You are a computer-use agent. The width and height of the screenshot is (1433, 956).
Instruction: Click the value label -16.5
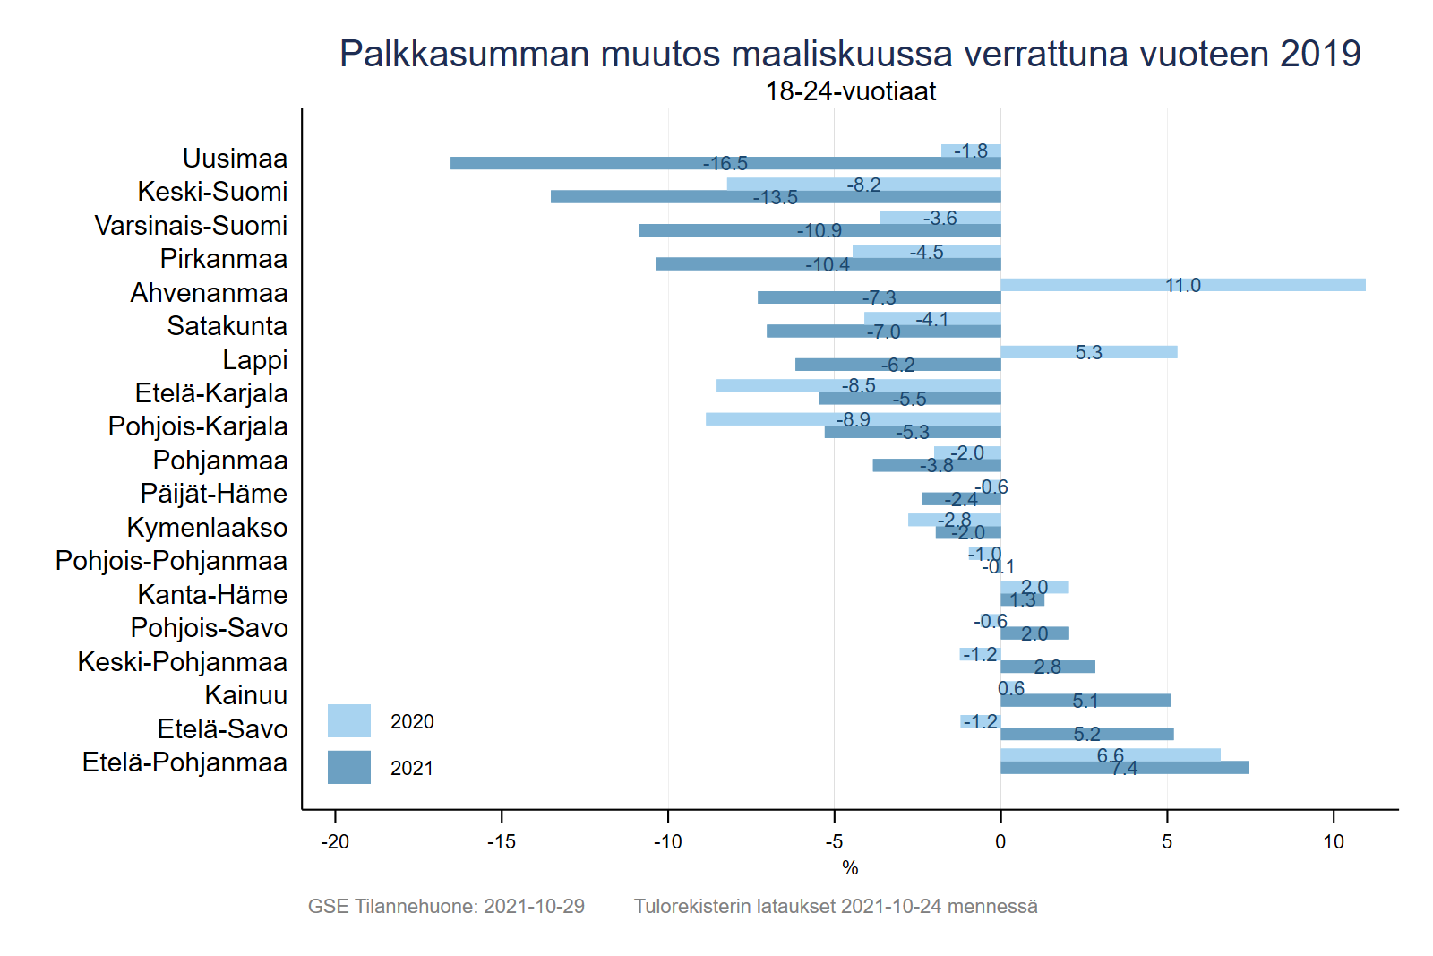pyautogui.click(x=725, y=163)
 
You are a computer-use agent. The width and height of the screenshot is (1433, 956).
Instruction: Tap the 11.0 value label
pyautogui.click(x=1182, y=285)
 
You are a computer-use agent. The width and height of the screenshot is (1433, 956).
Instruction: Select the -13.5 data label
pyautogui.click(x=776, y=197)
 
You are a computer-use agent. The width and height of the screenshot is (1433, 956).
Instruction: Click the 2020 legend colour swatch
pyautogui.click(x=349, y=721)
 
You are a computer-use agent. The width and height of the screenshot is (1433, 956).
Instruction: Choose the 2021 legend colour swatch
pyautogui.click(x=349, y=768)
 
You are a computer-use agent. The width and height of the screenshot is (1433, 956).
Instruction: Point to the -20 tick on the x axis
pyautogui.click(x=335, y=842)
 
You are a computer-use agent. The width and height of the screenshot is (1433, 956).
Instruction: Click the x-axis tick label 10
pyautogui.click(x=1334, y=842)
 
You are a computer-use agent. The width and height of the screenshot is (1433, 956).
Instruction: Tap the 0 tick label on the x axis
pyautogui.click(x=1000, y=842)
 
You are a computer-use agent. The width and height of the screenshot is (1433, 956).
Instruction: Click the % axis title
pyautogui.click(x=850, y=867)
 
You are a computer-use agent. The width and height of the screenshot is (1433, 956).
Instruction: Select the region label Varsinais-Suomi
pyautogui.click(x=191, y=226)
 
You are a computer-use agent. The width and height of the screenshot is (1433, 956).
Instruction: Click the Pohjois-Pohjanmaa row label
pyautogui.click(x=171, y=561)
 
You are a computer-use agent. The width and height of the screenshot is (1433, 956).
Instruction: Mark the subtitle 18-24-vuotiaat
pyautogui.click(x=850, y=91)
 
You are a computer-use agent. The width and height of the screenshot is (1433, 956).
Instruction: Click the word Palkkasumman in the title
pyautogui.click(x=465, y=54)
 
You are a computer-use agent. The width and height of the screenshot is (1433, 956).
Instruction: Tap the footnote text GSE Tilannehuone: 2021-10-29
pyautogui.click(x=446, y=906)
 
